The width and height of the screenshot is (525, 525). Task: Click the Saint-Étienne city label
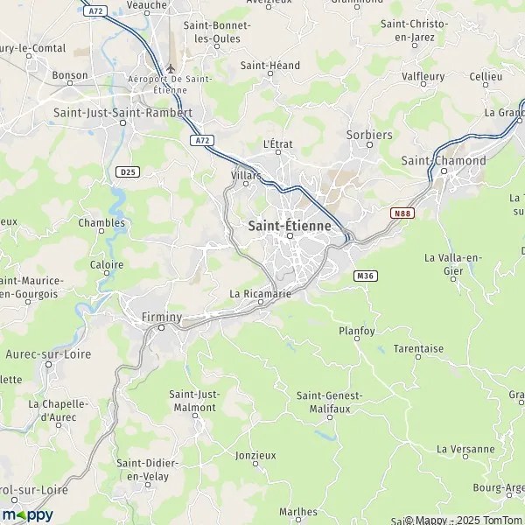290,225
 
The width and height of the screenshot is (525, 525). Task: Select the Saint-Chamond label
444,161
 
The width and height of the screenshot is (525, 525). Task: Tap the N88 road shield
402,213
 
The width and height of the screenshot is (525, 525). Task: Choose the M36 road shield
366,276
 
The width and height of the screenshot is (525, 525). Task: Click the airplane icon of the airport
171,68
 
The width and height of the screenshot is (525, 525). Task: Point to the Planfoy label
356,331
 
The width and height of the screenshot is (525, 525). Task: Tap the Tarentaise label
418,348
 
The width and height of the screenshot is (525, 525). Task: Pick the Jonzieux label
255,455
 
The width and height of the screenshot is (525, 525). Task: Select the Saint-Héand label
270,66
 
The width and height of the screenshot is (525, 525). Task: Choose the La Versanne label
466,449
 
